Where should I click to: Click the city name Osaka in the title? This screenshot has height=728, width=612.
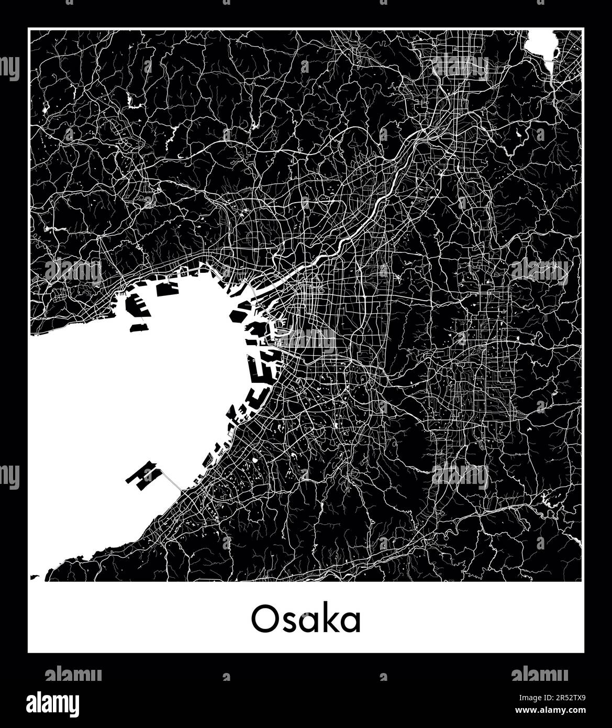coord(306,620)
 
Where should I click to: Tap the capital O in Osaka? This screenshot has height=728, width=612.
coord(263,620)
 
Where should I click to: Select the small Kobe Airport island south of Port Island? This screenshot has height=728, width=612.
coord(139,328)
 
